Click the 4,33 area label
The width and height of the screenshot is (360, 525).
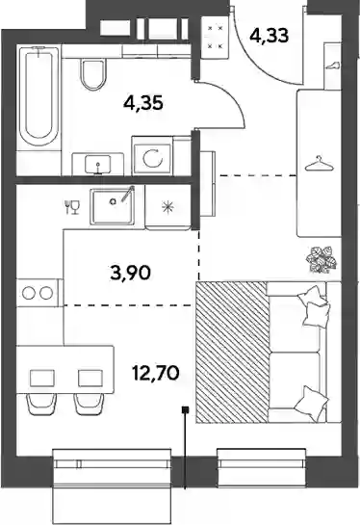click(x=269, y=35)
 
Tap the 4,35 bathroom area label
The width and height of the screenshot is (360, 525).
click(x=143, y=103)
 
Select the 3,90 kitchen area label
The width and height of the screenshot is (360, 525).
click(x=131, y=273)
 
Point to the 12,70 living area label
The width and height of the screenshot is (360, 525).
click(x=156, y=373)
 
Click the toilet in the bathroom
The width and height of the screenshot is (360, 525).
click(x=93, y=74)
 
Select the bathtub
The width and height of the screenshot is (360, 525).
click(x=39, y=97)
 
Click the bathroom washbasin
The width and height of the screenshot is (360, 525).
click(x=98, y=164)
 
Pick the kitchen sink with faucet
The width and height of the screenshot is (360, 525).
click(x=114, y=206)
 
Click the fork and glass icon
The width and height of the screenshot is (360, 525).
click(x=72, y=207)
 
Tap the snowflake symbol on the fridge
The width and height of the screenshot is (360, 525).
click(x=167, y=208)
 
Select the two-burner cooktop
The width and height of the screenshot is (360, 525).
click(x=38, y=293)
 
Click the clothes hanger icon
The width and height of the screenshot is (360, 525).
click(x=320, y=164)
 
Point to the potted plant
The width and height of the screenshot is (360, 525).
click(x=321, y=258)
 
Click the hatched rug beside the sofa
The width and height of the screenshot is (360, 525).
click(x=233, y=353)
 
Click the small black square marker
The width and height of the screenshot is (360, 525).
click(x=185, y=409)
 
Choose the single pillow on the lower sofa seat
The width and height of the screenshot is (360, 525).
click(x=310, y=403)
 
